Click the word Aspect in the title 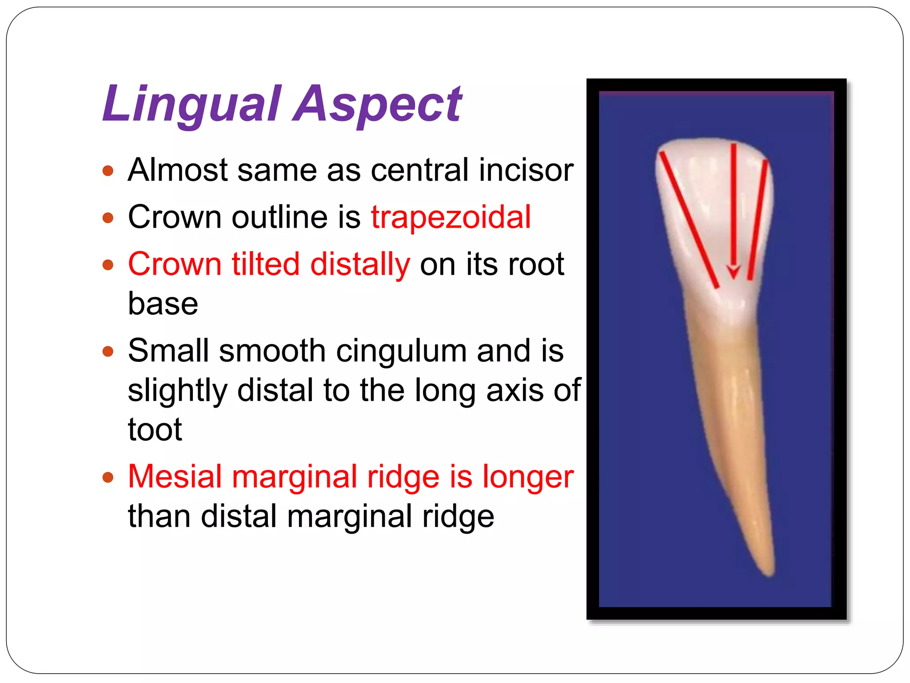coord(378,104)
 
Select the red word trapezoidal coord(451,217)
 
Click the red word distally coord(360,265)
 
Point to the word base coord(163,304)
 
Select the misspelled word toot coord(155,430)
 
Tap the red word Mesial coord(175,477)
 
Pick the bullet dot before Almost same coord(108,171)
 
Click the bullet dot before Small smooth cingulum coord(108,352)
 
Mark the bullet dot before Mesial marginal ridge coord(108,478)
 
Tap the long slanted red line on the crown coord(689,220)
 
